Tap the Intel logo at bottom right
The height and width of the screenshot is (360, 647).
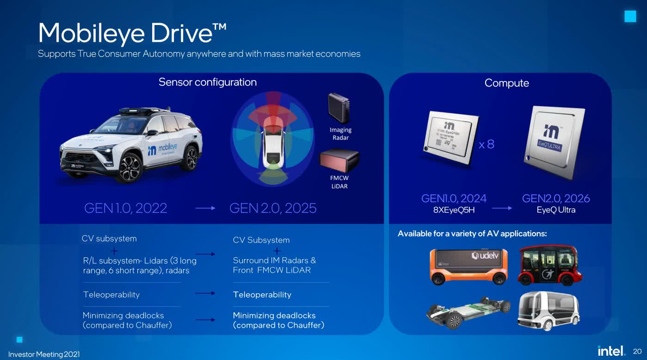pos(611,351)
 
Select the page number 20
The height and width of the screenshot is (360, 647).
pos(637,351)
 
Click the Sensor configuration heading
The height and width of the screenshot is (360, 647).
pos(207,82)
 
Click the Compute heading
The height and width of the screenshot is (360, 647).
pos(506,83)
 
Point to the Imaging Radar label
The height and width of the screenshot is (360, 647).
pos(340,134)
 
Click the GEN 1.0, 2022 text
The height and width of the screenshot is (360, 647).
pos(125,208)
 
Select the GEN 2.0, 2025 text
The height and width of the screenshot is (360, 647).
pos(273,208)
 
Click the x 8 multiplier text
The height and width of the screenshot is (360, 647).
pos(487,144)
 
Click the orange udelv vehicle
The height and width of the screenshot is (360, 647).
pos(468,266)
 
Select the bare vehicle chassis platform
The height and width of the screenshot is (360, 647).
pos(468,312)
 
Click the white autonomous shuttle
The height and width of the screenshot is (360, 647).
pos(548,311)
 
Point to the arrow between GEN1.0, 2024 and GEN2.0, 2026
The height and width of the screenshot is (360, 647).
pos(502,208)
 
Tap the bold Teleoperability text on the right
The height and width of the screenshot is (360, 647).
pos(262,295)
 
